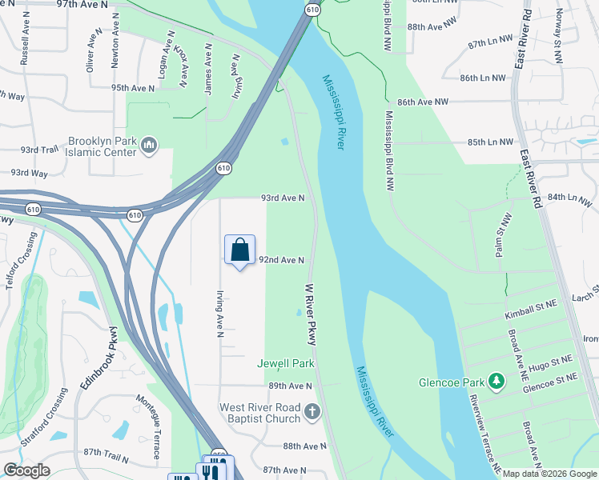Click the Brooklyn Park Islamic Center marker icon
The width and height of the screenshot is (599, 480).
point(148,145)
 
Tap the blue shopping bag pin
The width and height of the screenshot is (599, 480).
point(240,250)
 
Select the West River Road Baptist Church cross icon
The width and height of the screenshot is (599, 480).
point(312,413)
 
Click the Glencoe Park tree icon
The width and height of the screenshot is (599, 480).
point(496,382)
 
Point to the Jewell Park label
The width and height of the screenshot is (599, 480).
point(285,363)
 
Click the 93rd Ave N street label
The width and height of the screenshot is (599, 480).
point(282,198)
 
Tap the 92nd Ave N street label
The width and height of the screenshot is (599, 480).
point(281,260)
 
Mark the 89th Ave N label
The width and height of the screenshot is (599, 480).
point(290,385)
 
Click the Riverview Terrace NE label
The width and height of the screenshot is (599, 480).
point(485,434)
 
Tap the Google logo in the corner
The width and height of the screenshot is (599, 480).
point(26,470)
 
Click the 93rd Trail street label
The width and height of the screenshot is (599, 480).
point(40,150)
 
